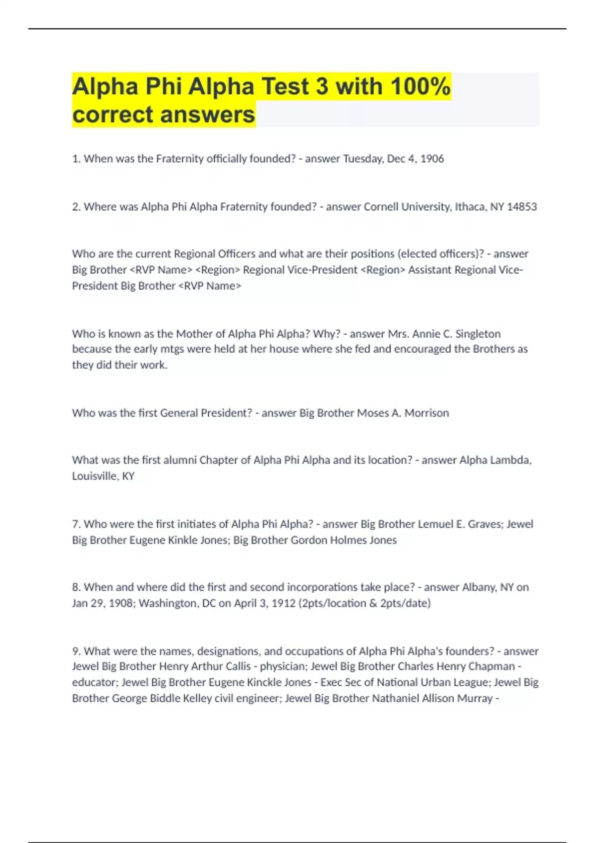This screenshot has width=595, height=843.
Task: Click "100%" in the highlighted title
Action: tap(420, 86)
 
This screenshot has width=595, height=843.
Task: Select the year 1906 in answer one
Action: tap(432, 159)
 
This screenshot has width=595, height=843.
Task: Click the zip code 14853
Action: tap(522, 206)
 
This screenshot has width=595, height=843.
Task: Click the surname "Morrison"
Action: tap(426, 413)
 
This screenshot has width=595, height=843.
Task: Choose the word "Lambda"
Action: tap(511, 460)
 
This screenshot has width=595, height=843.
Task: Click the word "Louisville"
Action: tap(95, 476)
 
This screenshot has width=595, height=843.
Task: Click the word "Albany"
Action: tap(479, 587)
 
